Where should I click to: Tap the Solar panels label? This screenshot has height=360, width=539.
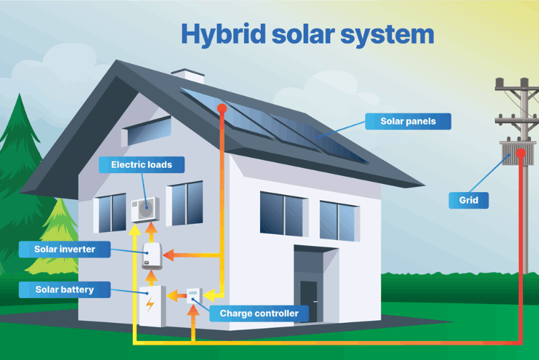407,121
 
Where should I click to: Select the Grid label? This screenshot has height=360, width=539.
469,200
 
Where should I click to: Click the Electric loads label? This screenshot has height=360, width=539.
141,164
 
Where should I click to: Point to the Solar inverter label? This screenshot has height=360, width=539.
65,249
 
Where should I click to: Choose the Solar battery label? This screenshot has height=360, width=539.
65,290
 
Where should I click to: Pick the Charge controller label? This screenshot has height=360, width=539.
259,313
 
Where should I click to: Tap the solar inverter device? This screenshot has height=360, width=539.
150,256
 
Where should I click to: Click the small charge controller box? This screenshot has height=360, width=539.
193,295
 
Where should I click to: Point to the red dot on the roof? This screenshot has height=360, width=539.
220,108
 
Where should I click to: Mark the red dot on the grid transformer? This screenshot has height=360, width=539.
520,153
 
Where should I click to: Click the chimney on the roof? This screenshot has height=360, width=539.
187,76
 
